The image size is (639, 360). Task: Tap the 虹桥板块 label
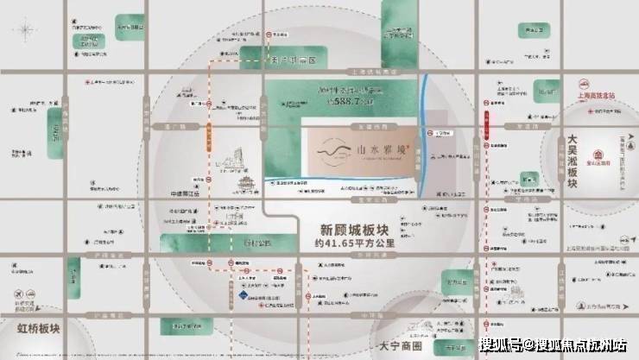39,328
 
